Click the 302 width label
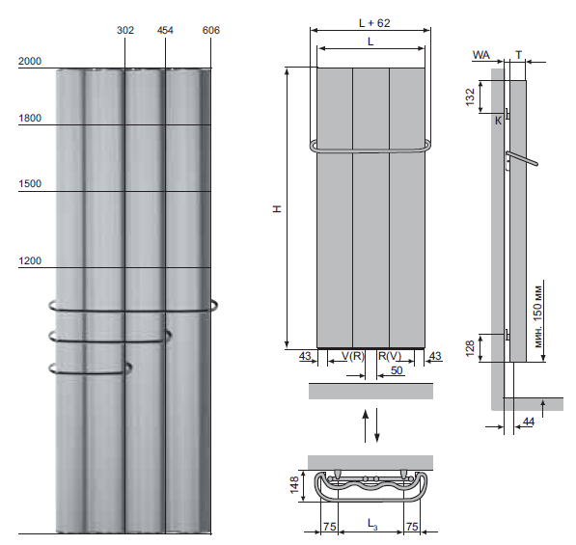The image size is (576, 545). click(125, 30)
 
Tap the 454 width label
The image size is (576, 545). click(165, 30)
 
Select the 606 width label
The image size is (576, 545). click(211, 30)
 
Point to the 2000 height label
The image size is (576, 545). click(30, 61)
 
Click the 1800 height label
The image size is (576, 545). click(30, 118)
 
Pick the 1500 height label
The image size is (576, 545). click(30, 183)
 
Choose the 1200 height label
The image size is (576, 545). click(30, 260)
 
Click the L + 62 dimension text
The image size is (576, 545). click(374, 23)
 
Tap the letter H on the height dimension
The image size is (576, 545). click(277, 208)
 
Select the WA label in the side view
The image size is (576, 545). click(481, 55)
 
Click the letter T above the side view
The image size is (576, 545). click(518, 55)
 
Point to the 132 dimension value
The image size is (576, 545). click(470, 97)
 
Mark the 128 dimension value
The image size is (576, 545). click(470, 348)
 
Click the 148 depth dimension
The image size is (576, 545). click(294, 485)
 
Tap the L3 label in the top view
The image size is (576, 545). click(371, 524)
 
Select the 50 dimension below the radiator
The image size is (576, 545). click(397, 370)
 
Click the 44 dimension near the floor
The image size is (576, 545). click(529, 422)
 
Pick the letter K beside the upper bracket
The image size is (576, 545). click(498, 121)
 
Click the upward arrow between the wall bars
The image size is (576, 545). click(365, 425)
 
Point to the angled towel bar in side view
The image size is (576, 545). click(522, 158)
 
